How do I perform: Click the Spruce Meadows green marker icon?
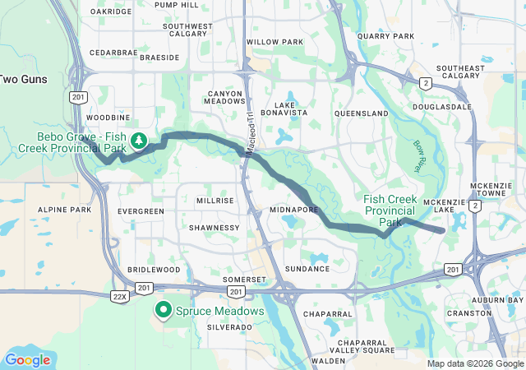pos(164,311)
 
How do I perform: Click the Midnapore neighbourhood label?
pos(293,210)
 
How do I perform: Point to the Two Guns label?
pos(23,79)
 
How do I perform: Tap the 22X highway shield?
pos(120,296)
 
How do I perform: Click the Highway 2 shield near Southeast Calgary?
pos(425,83)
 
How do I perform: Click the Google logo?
pos(27,359)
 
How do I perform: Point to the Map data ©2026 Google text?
pos(474,363)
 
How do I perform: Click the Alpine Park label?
pos(64,210)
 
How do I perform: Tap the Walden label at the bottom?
pos(329,360)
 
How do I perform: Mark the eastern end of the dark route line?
pos(444,231)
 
